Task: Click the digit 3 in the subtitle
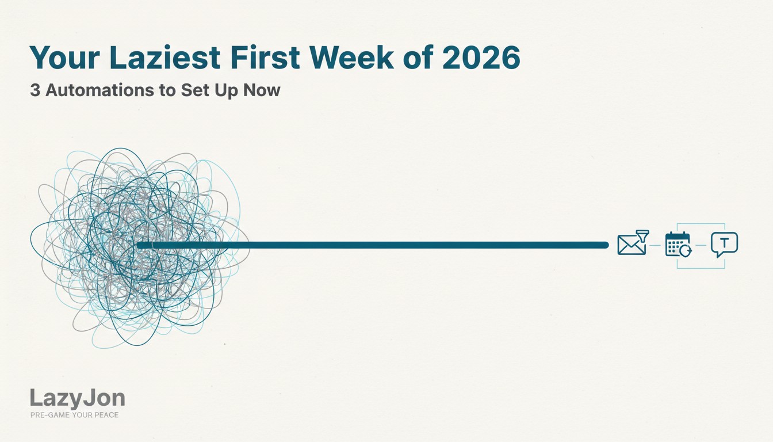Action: coord(35,90)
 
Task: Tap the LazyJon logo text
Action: coord(77,398)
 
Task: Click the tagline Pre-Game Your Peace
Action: coord(74,414)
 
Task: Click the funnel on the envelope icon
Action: coord(642,235)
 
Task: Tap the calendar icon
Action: coord(676,244)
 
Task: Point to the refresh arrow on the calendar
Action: coord(685,251)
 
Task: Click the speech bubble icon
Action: coord(724,244)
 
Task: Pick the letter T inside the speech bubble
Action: coord(724,242)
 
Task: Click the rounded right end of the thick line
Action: coord(605,245)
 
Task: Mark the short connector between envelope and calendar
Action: coord(655,245)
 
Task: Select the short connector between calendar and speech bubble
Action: coord(701,245)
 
